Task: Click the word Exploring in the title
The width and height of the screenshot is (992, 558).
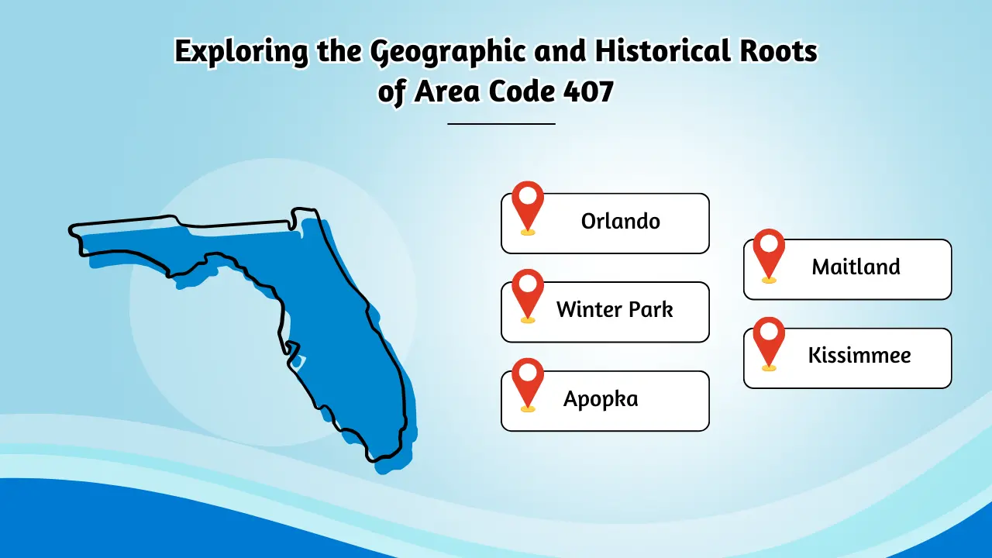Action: pyautogui.click(x=241, y=52)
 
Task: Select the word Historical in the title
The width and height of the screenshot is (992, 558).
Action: pyautogui.click(x=662, y=50)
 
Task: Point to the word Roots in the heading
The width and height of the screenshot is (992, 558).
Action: pyautogui.click(x=779, y=50)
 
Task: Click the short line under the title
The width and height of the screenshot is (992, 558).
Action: pyautogui.click(x=501, y=124)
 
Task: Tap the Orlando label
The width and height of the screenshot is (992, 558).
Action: pyautogui.click(x=620, y=221)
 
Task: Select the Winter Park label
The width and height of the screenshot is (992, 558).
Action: pyautogui.click(x=615, y=309)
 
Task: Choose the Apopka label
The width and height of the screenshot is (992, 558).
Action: pyautogui.click(x=601, y=399)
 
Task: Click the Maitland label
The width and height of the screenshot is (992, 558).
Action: pyautogui.click(x=856, y=267)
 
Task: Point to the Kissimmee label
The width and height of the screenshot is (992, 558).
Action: pyautogui.click(x=859, y=355)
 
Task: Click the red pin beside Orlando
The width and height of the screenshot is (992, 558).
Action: pyautogui.click(x=528, y=206)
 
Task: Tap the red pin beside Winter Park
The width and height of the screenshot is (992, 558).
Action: pyautogui.click(x=528, y=294)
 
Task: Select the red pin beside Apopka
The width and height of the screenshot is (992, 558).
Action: pyautogui.click(x=528, y=384)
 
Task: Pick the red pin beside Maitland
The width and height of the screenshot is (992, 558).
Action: pyautogui.click(x=769, y=254)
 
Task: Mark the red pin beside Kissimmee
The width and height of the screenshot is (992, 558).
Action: pyautogui.click(x=769, y=343)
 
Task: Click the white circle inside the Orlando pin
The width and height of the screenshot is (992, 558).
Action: pyautogui.click(x=528, y=195)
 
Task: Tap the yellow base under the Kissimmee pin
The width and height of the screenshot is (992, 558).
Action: pyautogui.click(x=769, y=367)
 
